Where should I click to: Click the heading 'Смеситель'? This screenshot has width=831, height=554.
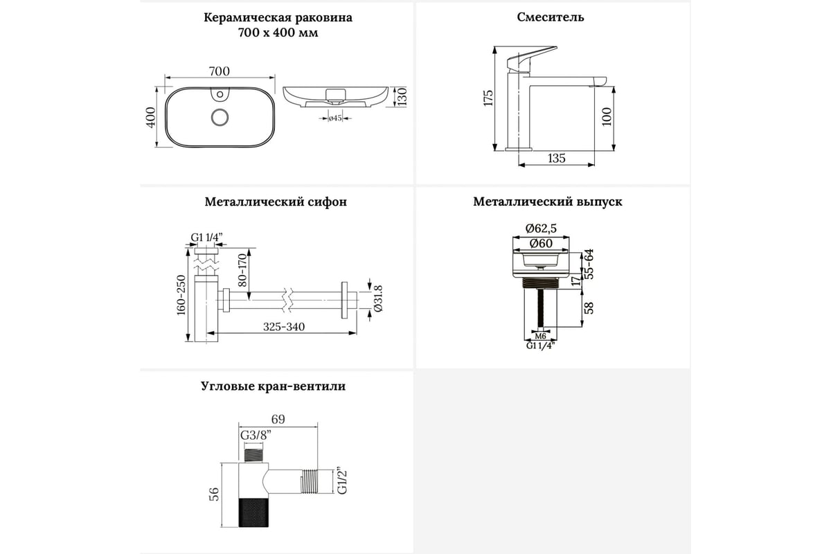pyautogui.click(x=550, y=17)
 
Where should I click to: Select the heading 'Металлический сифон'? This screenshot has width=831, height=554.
pyautogui.click(x=276, y=202)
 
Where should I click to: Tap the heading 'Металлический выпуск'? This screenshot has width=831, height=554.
pyautogui.click(x=548, y=202)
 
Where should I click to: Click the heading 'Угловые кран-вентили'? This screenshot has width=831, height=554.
pyautogui.click(x=273, y=386)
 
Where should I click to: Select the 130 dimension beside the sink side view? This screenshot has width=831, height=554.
pyautogui.click(x=402, y=97)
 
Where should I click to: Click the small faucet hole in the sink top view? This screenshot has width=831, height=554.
pyautogui.click(x=220, y=92)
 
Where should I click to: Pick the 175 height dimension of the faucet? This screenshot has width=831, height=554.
pyautogui.click(x=488, y=98)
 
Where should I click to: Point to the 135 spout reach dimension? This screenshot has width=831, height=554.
pyautogui.click(x=556, y=159)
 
